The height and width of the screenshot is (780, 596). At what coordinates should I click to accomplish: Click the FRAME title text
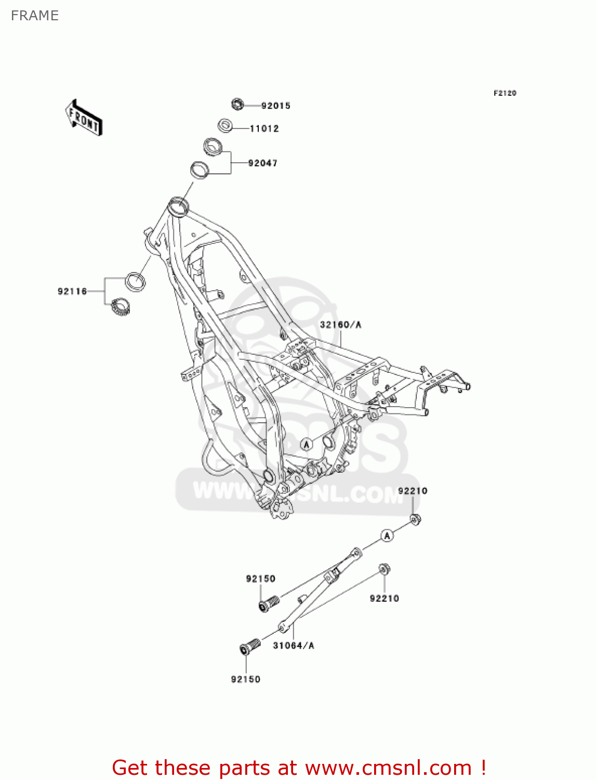tap(34, 16)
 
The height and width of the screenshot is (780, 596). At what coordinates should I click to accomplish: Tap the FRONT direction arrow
tap(84, 118)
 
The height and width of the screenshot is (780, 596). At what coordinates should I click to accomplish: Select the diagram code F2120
tap(505, 93)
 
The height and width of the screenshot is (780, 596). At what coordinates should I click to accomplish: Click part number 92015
tap(275, 106)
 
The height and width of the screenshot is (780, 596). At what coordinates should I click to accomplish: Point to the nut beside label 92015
tap(237, 104)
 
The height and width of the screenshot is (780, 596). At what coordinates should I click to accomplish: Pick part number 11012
tap(264, 128)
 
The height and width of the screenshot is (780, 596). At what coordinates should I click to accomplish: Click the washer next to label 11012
tap(225, 126)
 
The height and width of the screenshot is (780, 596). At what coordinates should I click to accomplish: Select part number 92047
tap(262, 163)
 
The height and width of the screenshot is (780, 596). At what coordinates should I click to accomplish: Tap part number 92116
tap(72, 292)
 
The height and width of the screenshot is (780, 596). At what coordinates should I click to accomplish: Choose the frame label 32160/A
tap(340, 324)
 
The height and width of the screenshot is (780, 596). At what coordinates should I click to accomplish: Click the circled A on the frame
tap(307, 444)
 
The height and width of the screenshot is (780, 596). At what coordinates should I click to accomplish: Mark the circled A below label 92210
tap(387, 535)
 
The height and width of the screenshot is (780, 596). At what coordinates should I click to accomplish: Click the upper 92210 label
tap(413, 491)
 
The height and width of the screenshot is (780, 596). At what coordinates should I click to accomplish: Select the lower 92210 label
tap(384, 599)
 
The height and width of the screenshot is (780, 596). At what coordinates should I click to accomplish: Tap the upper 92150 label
tap(260, 579)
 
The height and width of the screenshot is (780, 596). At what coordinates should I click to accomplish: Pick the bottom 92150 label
tap(245, 679)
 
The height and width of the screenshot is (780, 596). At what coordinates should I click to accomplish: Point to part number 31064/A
tap(294, 645)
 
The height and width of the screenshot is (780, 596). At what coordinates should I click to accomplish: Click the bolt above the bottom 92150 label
tap(249, 646)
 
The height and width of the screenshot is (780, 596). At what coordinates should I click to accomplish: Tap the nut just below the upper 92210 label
tap(415, 519)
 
